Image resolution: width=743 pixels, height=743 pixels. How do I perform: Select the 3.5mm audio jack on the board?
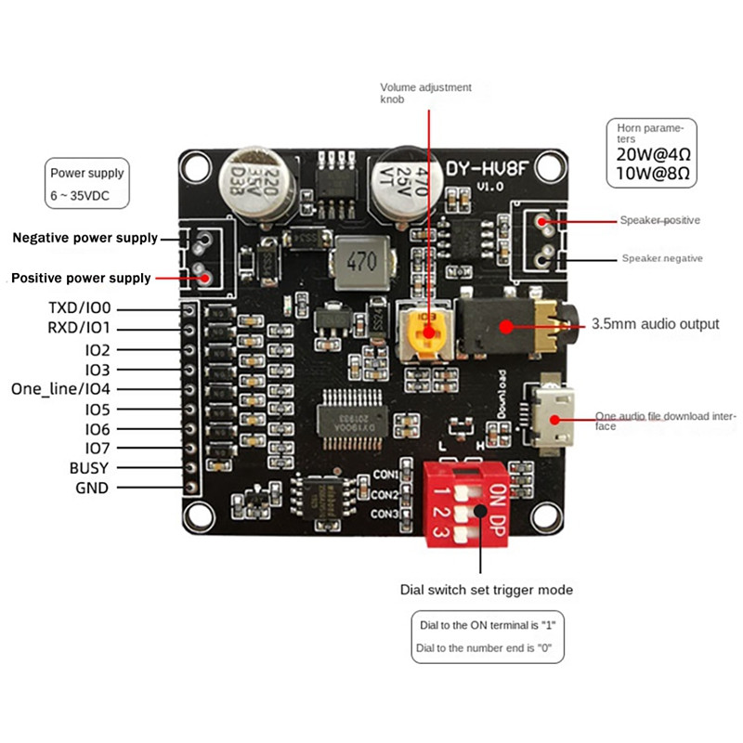pos(506,325)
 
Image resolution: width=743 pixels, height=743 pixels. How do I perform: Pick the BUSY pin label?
pos(89,468)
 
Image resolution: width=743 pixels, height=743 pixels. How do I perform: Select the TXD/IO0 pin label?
pos(79,307)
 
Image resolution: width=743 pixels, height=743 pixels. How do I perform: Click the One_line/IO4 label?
pos(60,389)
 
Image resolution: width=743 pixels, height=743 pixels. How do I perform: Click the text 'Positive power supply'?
pos(80,278)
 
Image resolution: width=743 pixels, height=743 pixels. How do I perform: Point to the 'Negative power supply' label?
pos(85,238)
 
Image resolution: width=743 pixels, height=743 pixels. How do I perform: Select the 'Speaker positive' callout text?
pos(659,221)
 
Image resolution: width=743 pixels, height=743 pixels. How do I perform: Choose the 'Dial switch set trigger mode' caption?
pos(486,590)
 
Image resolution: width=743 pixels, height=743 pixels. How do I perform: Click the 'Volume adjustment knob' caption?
pos(425,93)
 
